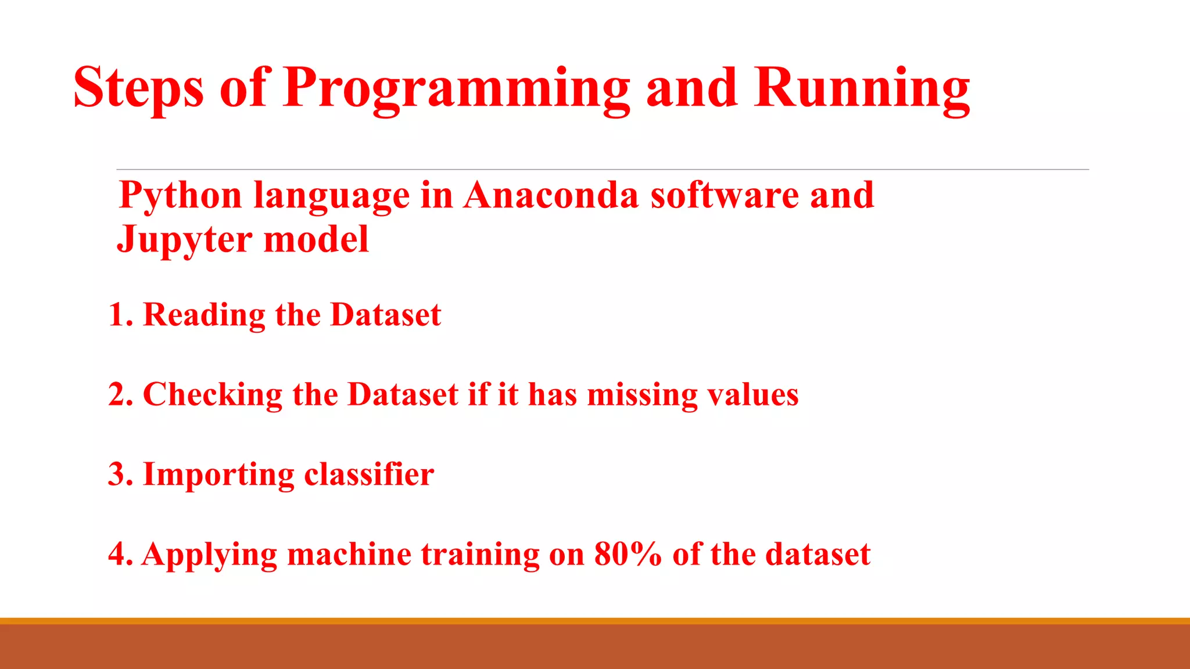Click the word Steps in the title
pos(138,88)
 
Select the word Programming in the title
pos(457,88)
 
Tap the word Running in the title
pos(862,88)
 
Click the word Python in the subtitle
pos(180,196)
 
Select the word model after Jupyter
pos(316,239)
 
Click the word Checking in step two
pos(212,395)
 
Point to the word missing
pos(642,395)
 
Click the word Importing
pos(218,475)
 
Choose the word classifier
pos(369,474)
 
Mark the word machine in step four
pos(349,554)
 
